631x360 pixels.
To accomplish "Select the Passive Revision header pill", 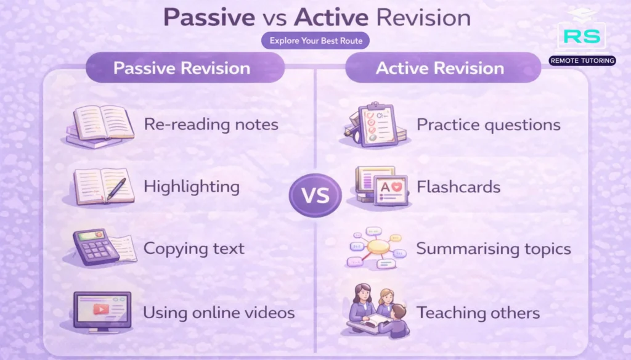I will tap(182, 68).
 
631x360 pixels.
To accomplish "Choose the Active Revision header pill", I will tap(440, 68).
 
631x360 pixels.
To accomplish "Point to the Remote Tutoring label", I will tap(581, 60).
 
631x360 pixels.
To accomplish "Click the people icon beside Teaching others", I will tap(375, 311).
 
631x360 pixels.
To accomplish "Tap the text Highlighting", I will tap(191, 186).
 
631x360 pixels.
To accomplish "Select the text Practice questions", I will tap(488, 125).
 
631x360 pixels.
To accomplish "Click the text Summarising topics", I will tap(494, 248).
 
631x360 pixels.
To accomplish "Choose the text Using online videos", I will tap(219, 312).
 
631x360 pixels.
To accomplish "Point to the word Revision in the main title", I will tap(423, 18).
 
